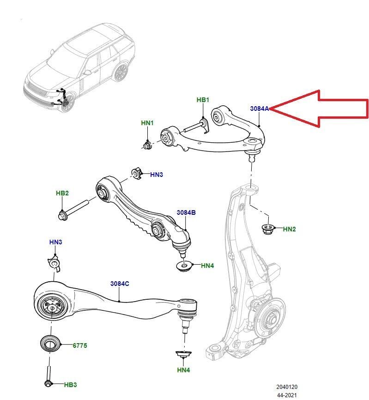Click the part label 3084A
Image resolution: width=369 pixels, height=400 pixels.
tap(259, 109)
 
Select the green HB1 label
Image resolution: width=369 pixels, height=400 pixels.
tap(203, 100)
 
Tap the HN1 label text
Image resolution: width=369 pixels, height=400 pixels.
tap(147, 123)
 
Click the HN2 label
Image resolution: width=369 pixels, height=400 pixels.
tap(289, 229)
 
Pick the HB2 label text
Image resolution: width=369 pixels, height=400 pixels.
tap(62, 193)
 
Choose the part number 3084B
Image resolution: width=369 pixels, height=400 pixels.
tap(186, 212)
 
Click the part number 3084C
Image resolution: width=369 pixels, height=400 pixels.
tap(119, 284)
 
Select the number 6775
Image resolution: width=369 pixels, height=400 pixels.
tap(79, 345)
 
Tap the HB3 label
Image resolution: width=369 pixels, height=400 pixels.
tap(70, 384)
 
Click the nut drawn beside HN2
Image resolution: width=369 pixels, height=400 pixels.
tap(267, 228)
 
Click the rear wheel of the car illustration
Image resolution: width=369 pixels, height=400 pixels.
tap(121, 73)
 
